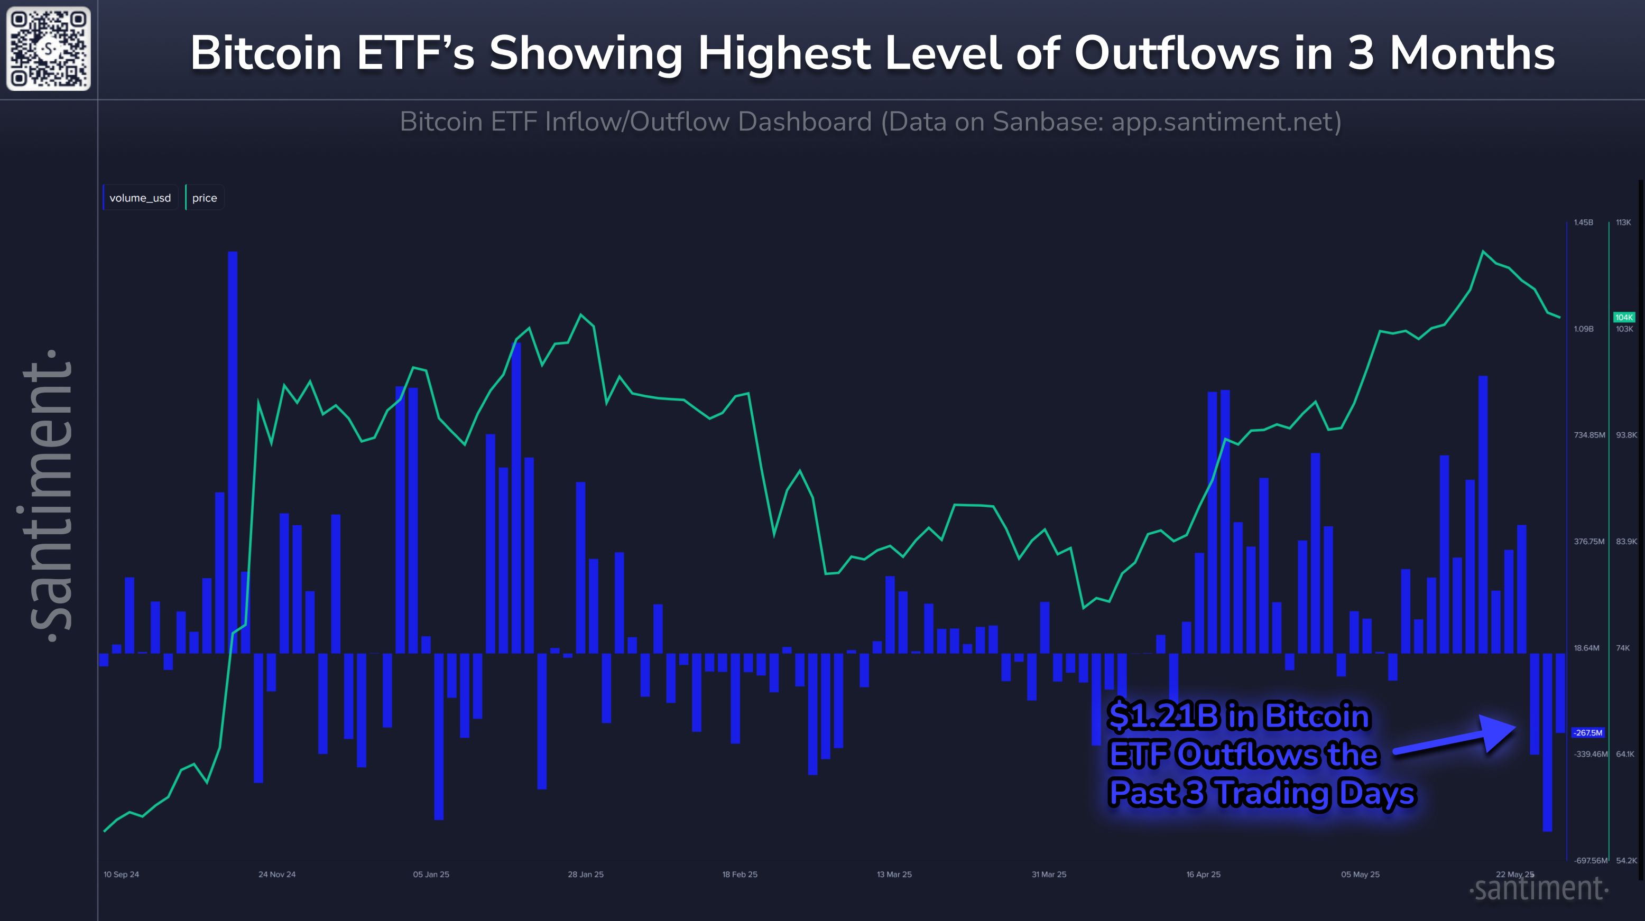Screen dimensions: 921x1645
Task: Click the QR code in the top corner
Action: click(49, 49)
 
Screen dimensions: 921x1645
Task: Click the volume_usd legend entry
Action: click(140, 198)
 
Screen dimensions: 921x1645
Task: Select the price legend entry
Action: click(205, 198)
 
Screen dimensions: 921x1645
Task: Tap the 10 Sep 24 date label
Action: click(122, 875)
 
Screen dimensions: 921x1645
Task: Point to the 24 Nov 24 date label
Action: click(277, 875)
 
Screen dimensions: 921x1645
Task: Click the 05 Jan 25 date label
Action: click(431, 875)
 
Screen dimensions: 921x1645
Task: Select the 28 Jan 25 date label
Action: click(586, 875)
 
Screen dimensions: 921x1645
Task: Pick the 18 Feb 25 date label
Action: click(740, 875)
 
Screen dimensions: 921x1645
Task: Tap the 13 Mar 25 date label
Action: click(894, 875)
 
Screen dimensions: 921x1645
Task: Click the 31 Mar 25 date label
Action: click(1049, 875)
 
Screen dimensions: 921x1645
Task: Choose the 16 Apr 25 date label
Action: click(1203, 875)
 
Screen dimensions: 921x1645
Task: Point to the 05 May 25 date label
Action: click(1360, 875)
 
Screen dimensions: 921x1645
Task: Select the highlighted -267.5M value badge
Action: click(1587, 733)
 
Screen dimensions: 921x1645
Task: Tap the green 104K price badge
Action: click(1623, 317)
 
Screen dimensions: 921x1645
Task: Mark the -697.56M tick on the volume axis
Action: click(1589, 861)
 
